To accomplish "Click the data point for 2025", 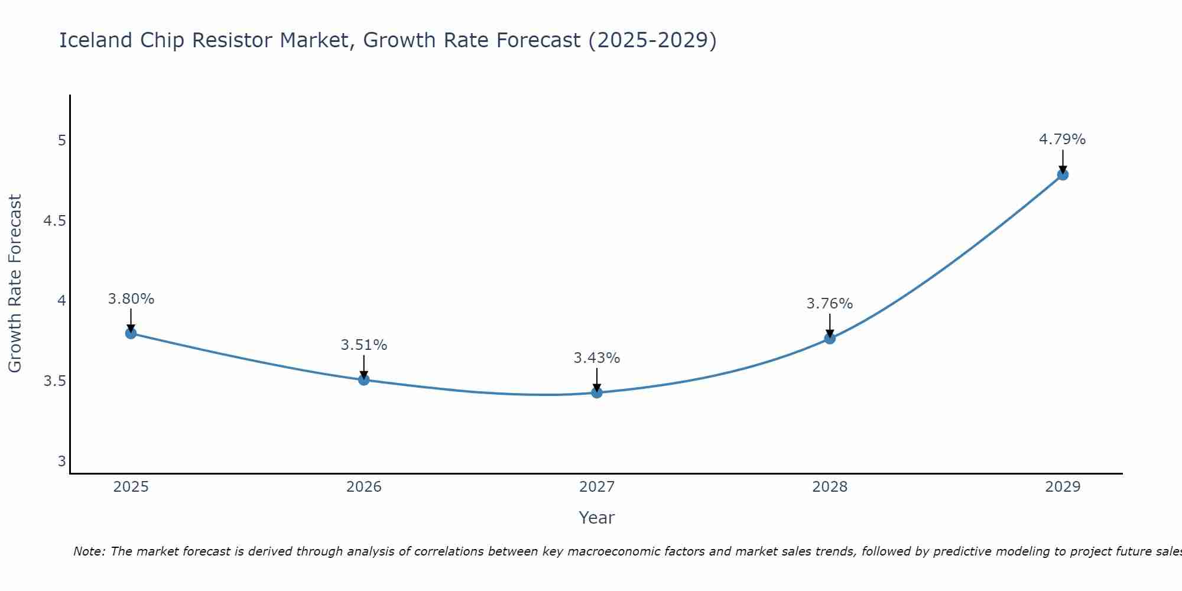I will point(131,333).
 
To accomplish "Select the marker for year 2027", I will point(597,392).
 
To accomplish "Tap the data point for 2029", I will point(1063,174).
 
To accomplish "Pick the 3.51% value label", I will point(364,345).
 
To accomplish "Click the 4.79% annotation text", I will point(1063,139).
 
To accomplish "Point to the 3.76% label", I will point(830,304).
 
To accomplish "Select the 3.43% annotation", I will point(597,358).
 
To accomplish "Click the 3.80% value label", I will point(131,298).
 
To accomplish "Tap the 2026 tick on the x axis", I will point(364,487).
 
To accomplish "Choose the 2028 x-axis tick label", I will point(830,487).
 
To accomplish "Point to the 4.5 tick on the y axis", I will point(54,221).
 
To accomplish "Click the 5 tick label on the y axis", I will point(61,141).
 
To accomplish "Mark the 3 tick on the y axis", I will point(61,461).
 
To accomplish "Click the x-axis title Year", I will point(597,518).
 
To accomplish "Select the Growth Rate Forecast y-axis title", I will point(15,284).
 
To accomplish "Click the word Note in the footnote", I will point(88,551).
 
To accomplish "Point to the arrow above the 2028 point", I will point(830,325).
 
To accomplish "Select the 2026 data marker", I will point(364,379).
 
